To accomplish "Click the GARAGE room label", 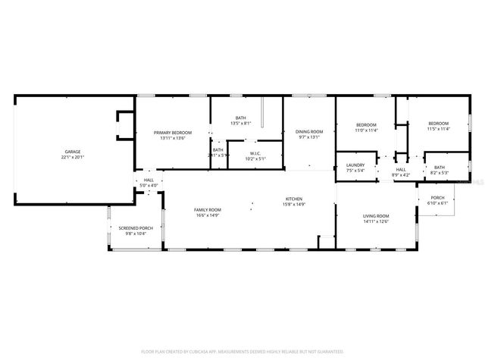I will click(73, 152).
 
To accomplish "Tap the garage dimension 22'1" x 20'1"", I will click(73, 158).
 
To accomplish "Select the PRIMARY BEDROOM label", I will click(173, 132).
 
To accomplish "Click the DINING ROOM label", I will click(308, 131).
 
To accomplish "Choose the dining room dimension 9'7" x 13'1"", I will click(308, 137).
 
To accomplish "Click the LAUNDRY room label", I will click(355, 165).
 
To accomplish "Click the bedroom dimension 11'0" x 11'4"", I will click(366, 130).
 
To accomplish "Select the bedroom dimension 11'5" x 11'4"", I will click(438, 130).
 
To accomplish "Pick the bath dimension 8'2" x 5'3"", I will click(440, 173).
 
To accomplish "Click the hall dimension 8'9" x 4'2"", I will click(401, 175).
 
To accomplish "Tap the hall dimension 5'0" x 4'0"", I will click(149, 185).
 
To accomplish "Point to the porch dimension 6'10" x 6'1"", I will click(438, 203).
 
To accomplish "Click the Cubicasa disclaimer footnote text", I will click(242, 352).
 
